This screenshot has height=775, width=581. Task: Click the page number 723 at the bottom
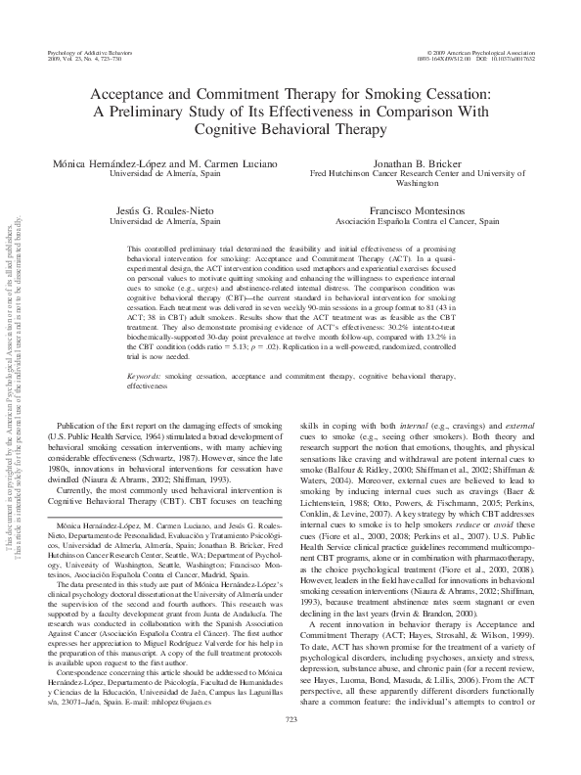[x=290, y=747]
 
